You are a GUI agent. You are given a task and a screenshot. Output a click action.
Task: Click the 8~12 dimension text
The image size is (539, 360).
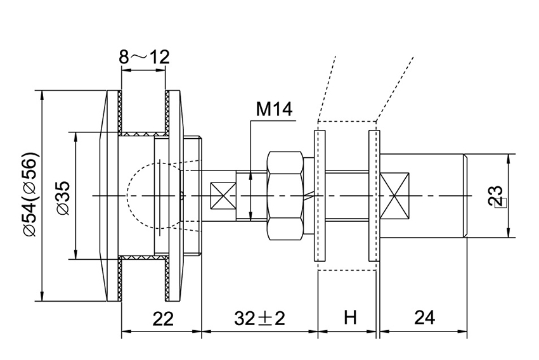pos(144,58)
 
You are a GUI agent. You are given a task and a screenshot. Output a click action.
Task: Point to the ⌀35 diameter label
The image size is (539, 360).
pos(63,196)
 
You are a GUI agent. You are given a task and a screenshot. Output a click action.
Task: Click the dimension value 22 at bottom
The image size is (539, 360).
pos(162,318)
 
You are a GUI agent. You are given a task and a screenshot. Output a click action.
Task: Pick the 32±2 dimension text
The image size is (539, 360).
pos(259,318)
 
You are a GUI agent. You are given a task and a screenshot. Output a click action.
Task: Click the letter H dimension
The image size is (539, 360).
pos(348,318)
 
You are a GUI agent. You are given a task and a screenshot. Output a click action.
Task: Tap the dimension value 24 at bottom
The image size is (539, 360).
pos(424,318)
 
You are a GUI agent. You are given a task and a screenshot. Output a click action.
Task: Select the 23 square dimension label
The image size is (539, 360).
pos(498,196)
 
